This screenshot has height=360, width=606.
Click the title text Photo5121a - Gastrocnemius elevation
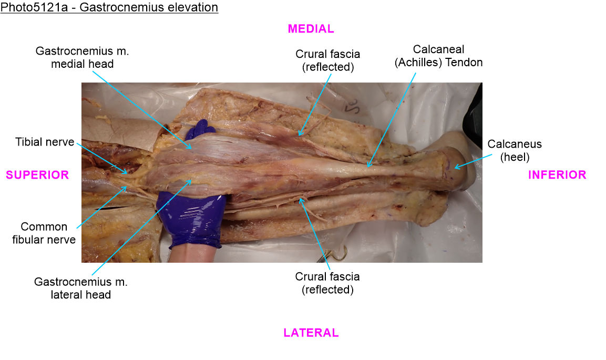coord(109,7)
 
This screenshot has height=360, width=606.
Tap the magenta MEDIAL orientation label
coord(311,29)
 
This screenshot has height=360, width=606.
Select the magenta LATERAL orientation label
coord(311,333)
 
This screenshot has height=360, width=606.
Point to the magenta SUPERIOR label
coord(37,175)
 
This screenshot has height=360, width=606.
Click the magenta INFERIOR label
coord(557,175)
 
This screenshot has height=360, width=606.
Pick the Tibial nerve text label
coord(45,142)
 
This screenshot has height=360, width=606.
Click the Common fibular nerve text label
coord(44,233)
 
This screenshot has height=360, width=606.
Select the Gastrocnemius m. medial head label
coord(82,57)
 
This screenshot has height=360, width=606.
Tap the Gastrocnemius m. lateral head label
coord(81,288)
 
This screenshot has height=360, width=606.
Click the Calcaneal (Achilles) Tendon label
coord(438,56)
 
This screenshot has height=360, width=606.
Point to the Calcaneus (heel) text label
coord(515,150)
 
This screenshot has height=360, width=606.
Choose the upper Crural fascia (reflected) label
coord(328,60)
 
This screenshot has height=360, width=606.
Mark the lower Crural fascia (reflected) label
coord(327,283)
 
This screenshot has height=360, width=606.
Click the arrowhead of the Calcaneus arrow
coord(456,168)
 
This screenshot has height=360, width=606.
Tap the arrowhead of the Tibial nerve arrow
coord(125,171)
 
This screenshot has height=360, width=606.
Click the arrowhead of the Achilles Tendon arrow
coord(369,165)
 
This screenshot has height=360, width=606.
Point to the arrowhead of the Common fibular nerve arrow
coord(125,188)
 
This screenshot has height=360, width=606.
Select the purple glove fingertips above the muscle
coord(200,129)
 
